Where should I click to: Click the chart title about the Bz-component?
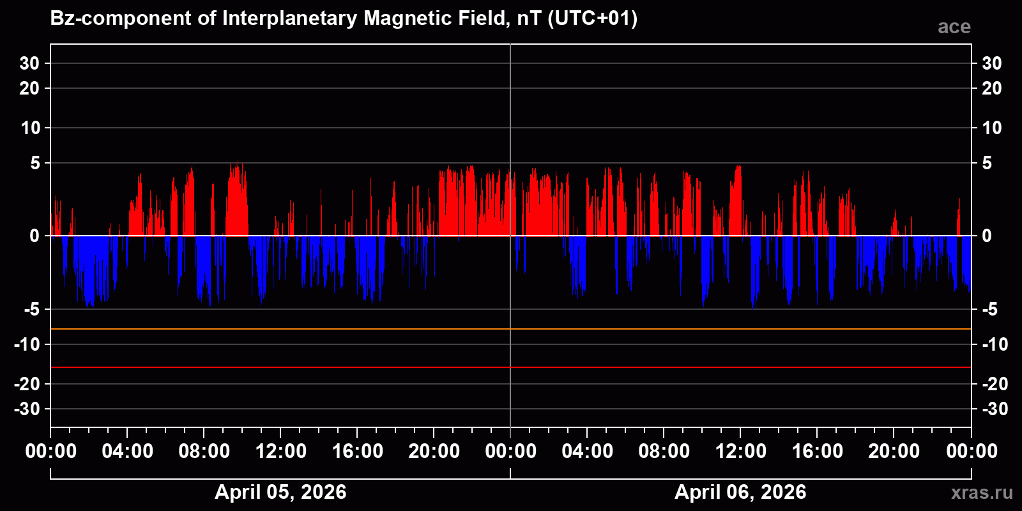(344, 19)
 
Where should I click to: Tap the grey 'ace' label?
(954, 27)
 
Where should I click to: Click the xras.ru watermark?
(981, 492)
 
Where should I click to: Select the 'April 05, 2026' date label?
(280, 492)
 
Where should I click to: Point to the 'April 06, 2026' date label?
(740, 492)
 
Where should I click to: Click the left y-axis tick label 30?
(29, 63)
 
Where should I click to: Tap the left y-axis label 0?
(34, 236)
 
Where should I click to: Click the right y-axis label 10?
(991, 128)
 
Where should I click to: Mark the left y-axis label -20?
(27, 384)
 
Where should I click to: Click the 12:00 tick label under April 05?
(280, 452)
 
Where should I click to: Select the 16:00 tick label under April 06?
(817, 452)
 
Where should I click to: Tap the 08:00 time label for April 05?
(204, 452)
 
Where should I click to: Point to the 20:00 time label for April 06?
(894, 452)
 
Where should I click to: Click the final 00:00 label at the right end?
(972, 452)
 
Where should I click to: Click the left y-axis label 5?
(35, 164)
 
